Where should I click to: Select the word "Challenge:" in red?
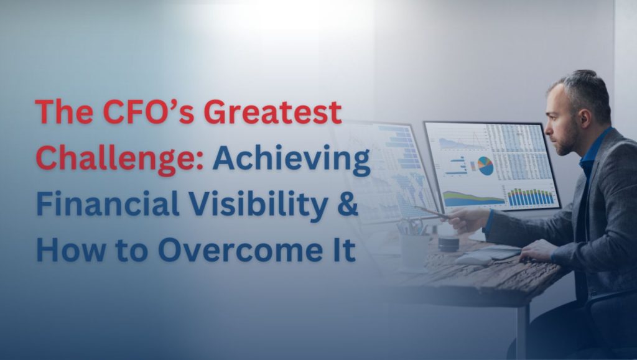(x=120, y=159)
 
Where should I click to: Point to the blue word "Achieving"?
(x=292, y=159)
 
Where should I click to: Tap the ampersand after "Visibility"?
(x=348, y=204)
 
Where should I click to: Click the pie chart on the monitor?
(x=485, y=165)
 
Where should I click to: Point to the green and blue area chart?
(x=473, y=198)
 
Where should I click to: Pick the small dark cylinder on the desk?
(x=449, y=242)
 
